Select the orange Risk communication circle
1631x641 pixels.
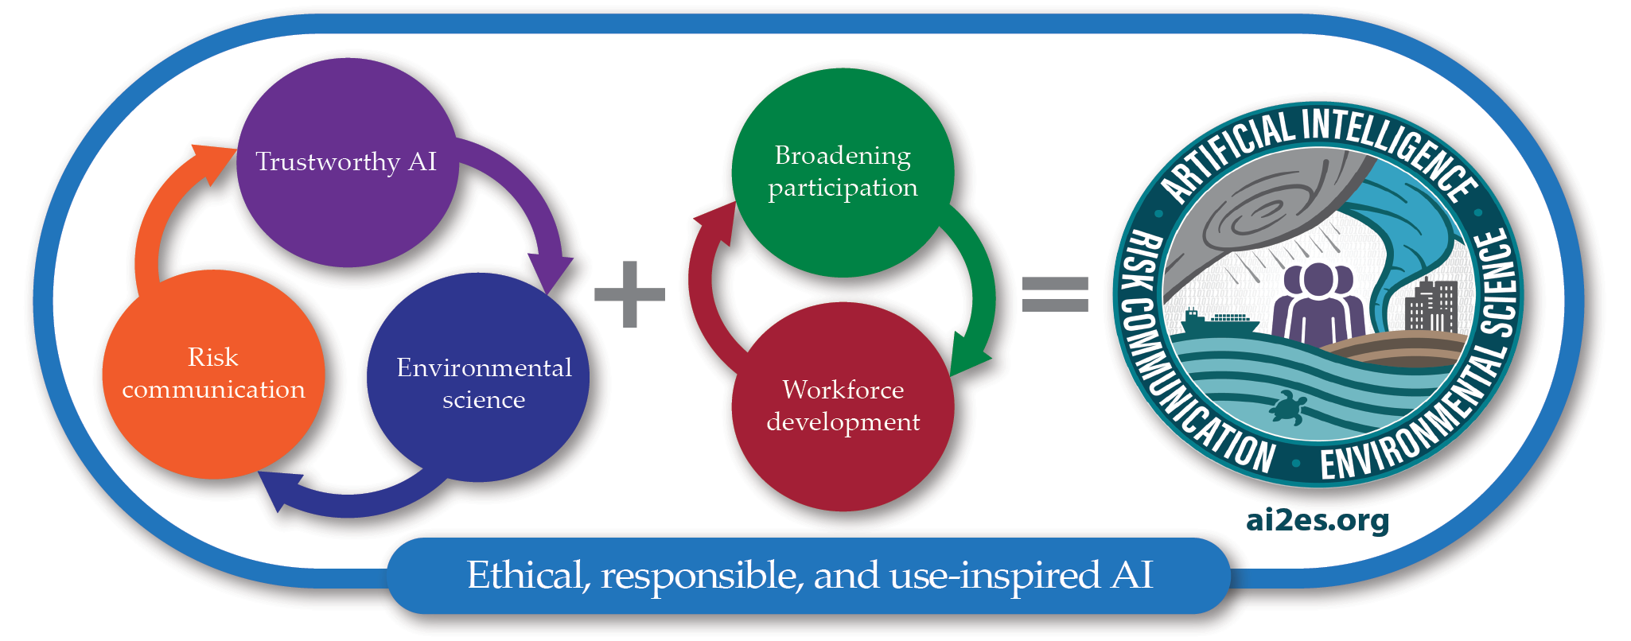pyautogui.click(x=213, y=374)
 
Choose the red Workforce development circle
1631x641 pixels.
pyautogui.click(x=843, y=406)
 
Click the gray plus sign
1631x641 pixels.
pyautogui.click(x=629, y=294)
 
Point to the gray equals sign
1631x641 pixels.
pyautogui.click(x=1054, y=294)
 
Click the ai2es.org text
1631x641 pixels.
pyautogui.click(x=1318, y=520)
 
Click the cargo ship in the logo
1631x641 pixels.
pyautogui.click(x=1218, y=321)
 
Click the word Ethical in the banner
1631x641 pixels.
pyautogui.click(x=527, y=575)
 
